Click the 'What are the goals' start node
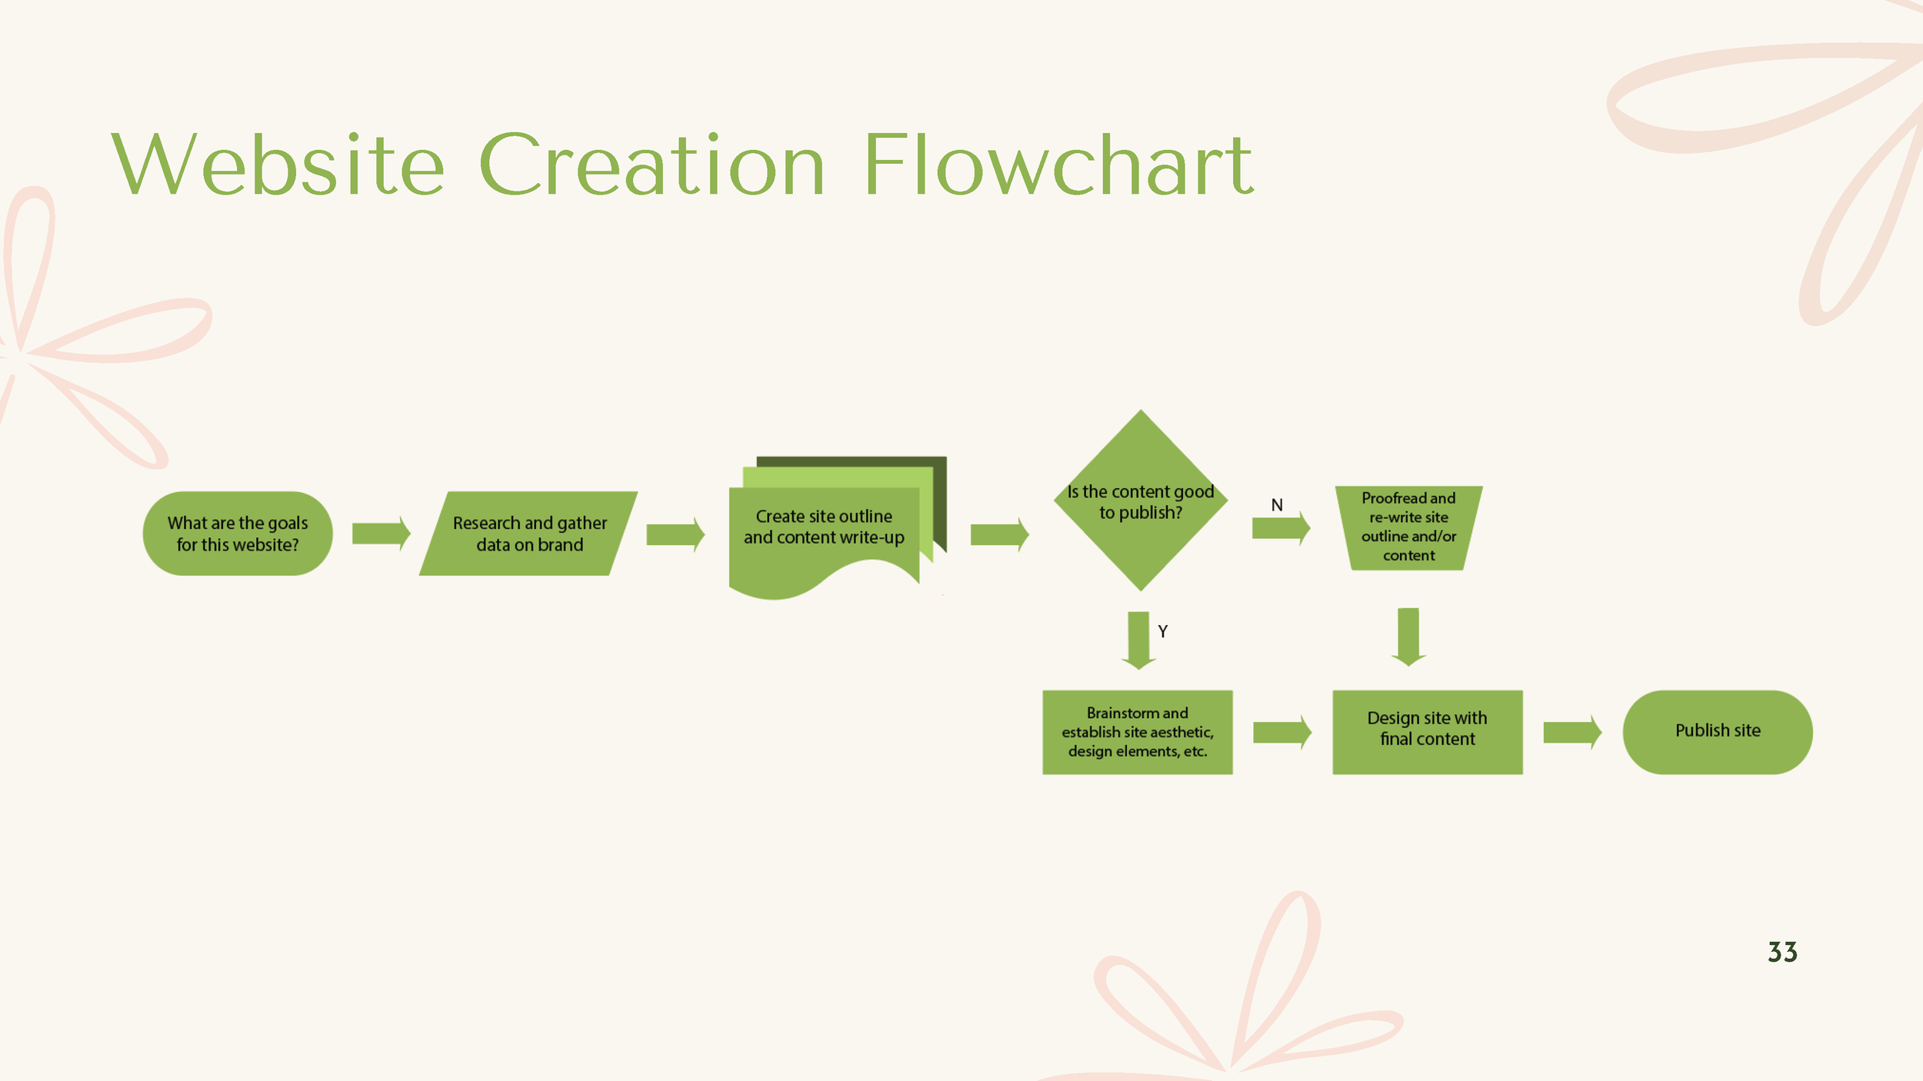click(238, 534)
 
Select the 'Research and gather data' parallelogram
click(529, 534)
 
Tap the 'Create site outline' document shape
click(823, 531)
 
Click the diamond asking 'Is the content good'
click(1140, 501)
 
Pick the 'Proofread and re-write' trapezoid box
click(1408, 527)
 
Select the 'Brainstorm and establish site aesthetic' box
click(1137, 732)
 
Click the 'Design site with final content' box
click(1427, 732)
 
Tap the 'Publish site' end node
click(1717, 732)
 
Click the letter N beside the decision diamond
click(1277, 505)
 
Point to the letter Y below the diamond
click(1162, 631)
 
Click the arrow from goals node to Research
click(381, 534)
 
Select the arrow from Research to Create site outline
click(675, 534)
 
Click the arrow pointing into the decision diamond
click(998, 534)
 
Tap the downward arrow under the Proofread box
click(1408, 637)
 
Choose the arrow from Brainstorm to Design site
click(1281, 732)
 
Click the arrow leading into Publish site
click(1571, 732)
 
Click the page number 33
click(1782, 953)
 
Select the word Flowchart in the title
click(1058, 165)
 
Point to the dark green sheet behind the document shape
click(938, 492)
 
